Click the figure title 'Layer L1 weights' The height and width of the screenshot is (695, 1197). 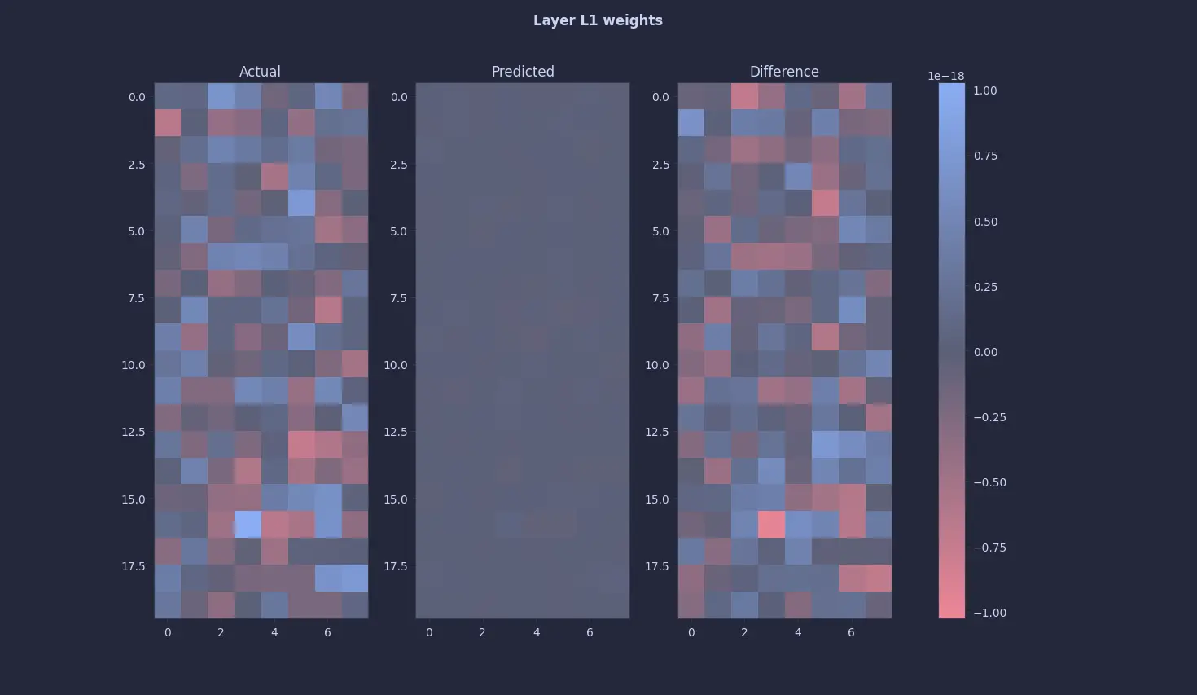coord(598,20)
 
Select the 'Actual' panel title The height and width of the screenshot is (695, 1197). coord(260,72)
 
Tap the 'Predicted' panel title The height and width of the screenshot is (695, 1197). coord(523,72)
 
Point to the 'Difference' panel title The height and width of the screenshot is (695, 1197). coord(784,72)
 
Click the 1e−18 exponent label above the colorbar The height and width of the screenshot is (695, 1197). coord(945,76)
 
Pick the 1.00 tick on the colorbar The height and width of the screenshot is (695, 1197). coord(984,90)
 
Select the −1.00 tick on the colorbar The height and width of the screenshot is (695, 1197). coord(989,613)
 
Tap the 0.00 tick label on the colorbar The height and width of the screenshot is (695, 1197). coord(984,352)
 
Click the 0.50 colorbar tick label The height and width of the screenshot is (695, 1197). coord(984,222)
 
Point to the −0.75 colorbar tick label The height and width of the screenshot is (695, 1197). coord(989,548)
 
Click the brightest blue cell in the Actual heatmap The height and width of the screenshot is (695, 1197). coord(248,524)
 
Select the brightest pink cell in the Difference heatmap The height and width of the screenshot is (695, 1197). coord(771,524)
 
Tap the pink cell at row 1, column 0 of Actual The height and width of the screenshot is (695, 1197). coord(168,123)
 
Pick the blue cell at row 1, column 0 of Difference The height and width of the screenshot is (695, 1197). coord(691,123)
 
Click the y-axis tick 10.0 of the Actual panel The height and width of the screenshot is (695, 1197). coord(134,365)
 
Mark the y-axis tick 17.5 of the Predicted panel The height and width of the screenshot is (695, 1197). coord(395,566)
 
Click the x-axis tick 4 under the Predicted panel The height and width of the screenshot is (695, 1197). coord(536,632)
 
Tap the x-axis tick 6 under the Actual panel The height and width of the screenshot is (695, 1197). coord(327,632)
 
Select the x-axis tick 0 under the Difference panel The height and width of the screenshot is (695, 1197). coord(691,632)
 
